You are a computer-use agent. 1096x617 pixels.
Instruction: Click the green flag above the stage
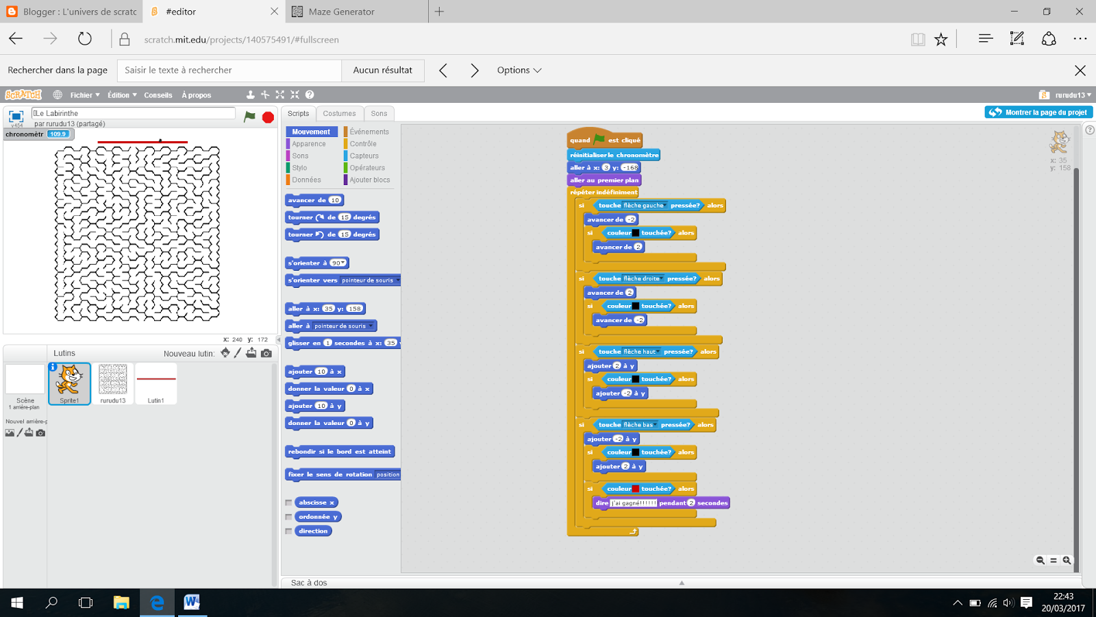[249, 117]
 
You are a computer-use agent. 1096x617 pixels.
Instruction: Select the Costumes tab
[339, 114]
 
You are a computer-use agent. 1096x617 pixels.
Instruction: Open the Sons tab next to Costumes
[379, 114]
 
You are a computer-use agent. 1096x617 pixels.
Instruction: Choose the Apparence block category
[308, 144]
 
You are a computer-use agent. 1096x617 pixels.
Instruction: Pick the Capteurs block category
[364, 156]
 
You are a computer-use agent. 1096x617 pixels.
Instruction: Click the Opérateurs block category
[367, 168]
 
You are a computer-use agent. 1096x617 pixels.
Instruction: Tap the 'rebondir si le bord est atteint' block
[339, 452]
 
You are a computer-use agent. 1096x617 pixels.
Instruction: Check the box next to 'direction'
[288, 531]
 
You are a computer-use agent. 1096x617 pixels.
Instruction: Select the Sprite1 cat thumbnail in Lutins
[69, 383]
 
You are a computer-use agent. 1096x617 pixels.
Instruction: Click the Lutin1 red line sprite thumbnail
[156, 383]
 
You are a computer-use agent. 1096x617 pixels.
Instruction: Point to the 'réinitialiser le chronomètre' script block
[614, 155]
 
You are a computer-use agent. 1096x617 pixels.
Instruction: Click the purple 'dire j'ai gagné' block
[601, 503]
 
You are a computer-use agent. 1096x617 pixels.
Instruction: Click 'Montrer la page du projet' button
[1038, 112]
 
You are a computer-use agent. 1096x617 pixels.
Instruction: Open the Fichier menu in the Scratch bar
[84, 95]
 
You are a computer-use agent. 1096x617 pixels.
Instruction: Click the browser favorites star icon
[941, 40]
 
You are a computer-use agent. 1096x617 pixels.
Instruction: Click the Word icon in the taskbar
[192, 603]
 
